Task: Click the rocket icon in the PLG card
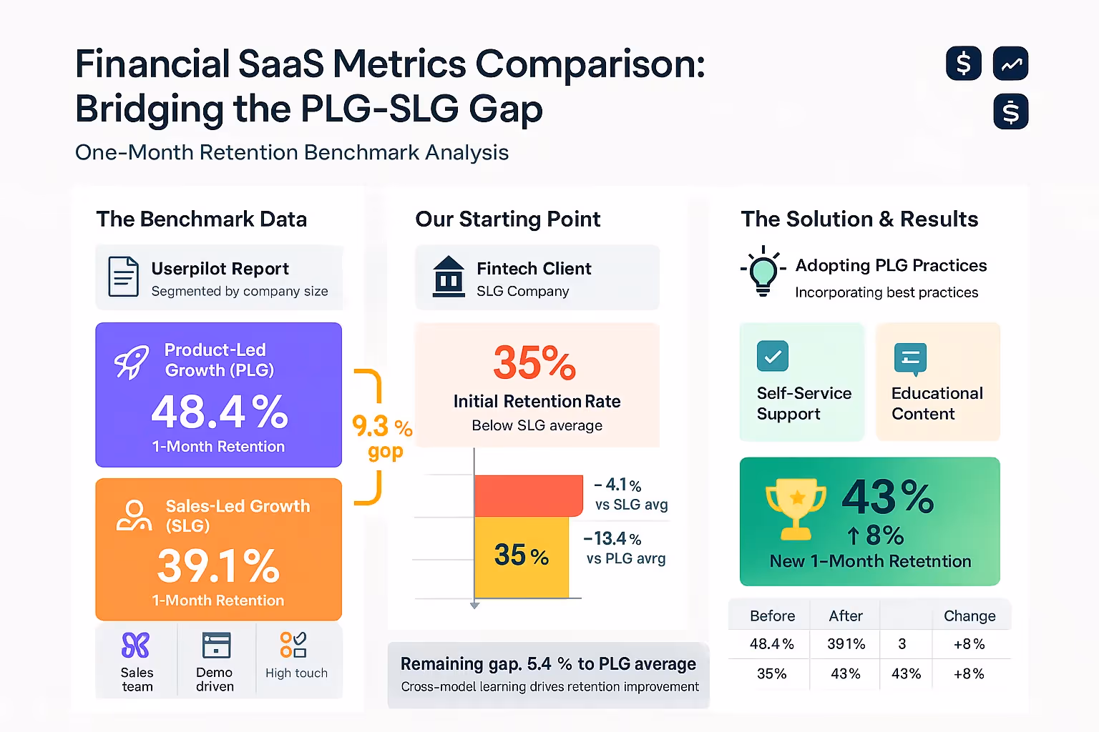click(132, 361)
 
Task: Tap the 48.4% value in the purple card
click(220, 412)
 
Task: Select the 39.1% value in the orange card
click(218, 566)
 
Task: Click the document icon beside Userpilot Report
click(123, 277)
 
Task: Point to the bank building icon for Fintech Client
click(449, 277)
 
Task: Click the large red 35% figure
click(534, 363)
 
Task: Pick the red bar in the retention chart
click(528, 495)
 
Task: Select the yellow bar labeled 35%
click(521, 556)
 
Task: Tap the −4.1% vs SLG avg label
click(630, 494)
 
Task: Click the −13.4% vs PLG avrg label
click(625, 548)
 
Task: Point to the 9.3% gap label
click(382, 436)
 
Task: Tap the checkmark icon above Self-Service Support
click(773, 356)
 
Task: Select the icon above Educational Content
click(910, 358)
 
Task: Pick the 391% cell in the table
click(846, 644)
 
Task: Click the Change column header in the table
click(969, 616)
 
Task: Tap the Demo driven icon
click(216, 645)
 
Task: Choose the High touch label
click(296, 673)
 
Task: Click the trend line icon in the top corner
click(1010, 64)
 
